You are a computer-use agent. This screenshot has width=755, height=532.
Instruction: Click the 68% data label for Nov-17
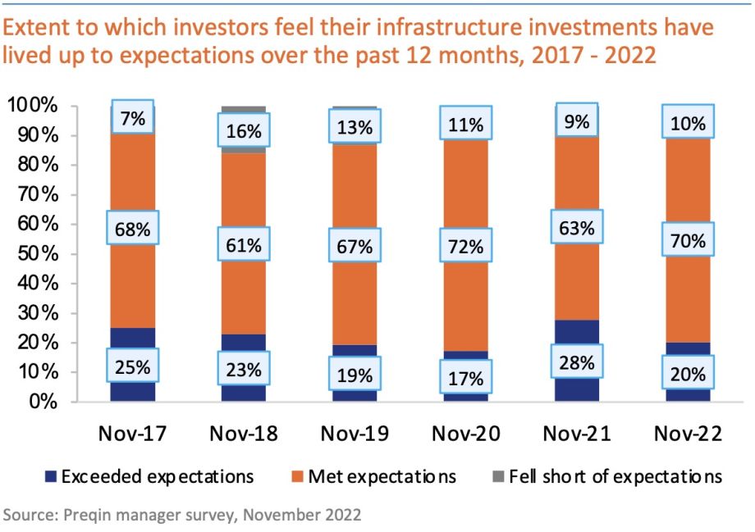pyautogui.click(x=132, y=230)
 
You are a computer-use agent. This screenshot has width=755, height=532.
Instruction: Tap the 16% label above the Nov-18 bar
pyautogui.click(x=243, y=131)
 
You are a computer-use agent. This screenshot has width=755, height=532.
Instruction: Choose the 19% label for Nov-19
pyautogui.click(x=355, y=375)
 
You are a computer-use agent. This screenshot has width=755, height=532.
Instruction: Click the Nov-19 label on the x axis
pyautogui.click(x=355, y=434)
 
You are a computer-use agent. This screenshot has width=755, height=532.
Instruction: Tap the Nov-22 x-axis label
pyautogui.click(x=689, y=434)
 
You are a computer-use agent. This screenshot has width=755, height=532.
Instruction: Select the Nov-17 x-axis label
pyautogui.click(x=132, y=434)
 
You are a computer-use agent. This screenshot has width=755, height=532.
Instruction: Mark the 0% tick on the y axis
pyautogui.click(x=43, y=402)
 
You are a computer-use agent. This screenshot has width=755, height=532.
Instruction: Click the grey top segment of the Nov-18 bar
pyautogui.click(x=243, y=109)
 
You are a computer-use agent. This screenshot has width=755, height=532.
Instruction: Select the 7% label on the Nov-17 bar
pyautogui.click(x=132, y=119)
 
